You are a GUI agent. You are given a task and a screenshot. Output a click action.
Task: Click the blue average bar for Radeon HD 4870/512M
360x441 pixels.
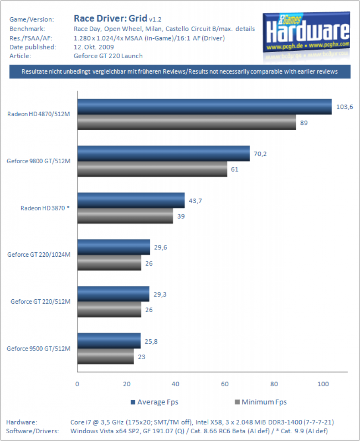coord(204,107)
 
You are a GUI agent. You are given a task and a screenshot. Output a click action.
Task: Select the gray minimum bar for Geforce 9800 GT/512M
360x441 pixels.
coord(152,169)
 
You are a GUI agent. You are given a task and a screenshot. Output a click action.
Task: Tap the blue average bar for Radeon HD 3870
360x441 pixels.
coord(131,200)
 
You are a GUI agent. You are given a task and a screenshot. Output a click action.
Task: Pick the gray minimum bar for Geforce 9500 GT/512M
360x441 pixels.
coord(106,356)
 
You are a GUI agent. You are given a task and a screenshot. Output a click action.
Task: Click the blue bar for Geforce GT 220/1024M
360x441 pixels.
coord(114,247)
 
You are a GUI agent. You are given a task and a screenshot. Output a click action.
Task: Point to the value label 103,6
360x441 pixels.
coord(344,107)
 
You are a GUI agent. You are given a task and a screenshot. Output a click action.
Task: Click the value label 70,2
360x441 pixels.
coord(260,154)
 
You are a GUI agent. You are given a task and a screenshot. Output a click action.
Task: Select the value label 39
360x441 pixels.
coord(181,216)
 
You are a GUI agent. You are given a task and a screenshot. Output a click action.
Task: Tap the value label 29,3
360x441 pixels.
coord(160,295)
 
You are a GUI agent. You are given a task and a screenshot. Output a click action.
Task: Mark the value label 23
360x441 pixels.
coord(141,357)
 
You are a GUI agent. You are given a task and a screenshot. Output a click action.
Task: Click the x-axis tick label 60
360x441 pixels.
coord(225,384)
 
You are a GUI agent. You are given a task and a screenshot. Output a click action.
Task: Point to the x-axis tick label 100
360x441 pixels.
coord(323,384)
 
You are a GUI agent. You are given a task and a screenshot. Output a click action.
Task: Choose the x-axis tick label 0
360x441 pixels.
coord(77,384)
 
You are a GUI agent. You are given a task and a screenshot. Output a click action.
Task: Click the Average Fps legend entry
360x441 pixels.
coord(154,402)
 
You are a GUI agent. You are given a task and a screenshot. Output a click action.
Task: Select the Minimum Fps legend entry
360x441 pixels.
coord(261,402)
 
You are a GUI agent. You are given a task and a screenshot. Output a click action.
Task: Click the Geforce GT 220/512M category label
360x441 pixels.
coord(41,301)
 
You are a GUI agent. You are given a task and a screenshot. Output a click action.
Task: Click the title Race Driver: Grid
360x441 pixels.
coord(110,19)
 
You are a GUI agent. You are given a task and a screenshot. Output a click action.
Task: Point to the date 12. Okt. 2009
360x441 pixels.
coord(94,47)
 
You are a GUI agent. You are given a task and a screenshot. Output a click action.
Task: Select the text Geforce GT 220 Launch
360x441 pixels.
coord(108,56)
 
